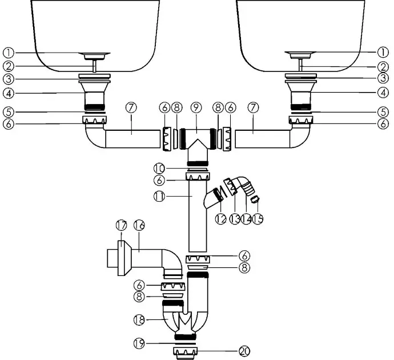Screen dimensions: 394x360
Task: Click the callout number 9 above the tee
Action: pos(196,107)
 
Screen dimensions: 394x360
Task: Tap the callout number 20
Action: pos(244,351)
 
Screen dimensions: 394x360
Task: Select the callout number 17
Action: pos(122,225)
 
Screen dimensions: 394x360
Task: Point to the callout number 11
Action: pos(159,197)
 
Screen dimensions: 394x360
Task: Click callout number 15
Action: pos(258,219)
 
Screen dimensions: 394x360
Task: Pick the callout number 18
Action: pos(139,320)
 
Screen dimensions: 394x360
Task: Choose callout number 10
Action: pos(159,169)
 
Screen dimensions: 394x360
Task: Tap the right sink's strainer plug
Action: pos(300,55)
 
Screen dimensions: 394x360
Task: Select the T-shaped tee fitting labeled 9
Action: pos(197,145)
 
